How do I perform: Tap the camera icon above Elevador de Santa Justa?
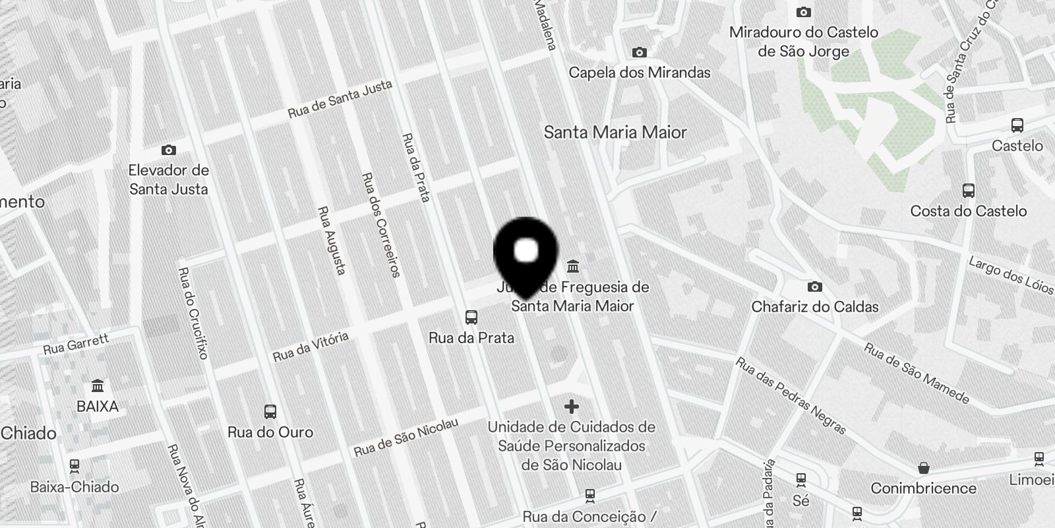click(169, 150)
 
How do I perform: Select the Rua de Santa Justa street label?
click(340, 99)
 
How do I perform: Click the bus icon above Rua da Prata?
click(471, 317)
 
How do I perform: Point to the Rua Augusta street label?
click(332, 240)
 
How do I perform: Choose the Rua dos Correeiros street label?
click(380, 225)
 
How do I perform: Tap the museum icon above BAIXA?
click(98, 385)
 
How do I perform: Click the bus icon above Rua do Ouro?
click(270, 412)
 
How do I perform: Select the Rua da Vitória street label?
click(311, 347)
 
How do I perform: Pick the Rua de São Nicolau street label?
click(406, 437)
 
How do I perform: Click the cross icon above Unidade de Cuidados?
click(572, 407)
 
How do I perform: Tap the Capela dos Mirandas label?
click(640, 73)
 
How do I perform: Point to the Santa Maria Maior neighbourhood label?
click(615, 133)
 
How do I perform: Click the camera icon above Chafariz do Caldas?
click(815, 286)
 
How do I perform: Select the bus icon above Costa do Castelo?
click(969, 191)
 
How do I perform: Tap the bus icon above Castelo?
click(1017, 125)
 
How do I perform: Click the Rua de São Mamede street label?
click(917, 374)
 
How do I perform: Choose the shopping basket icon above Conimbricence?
click(924, 468)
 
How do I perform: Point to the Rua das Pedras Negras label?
click(791, 396)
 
